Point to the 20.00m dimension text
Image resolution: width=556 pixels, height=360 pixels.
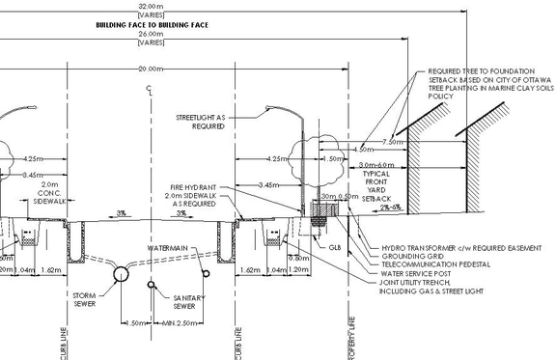pyautogui.click(x=150, y=69)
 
